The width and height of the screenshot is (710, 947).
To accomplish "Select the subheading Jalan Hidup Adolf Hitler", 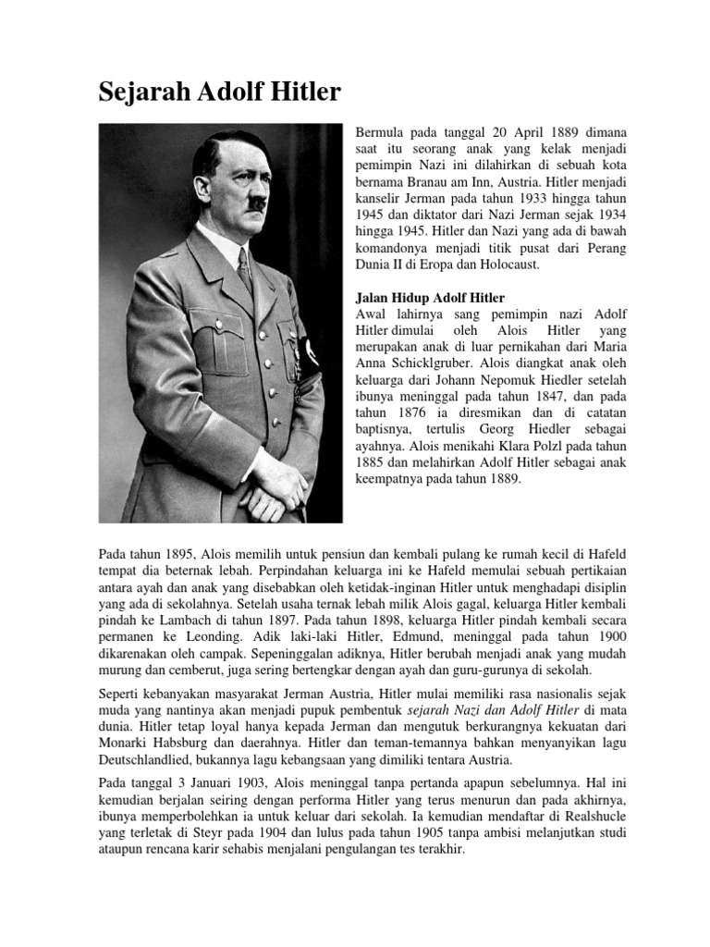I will click(x=430, y=298).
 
